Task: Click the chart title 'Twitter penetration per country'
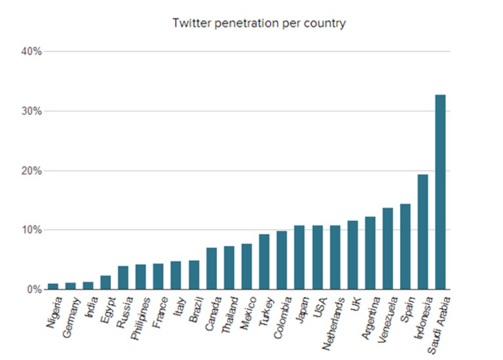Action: (259, 24)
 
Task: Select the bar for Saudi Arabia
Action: (440, 192)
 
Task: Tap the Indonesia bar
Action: (422, 232)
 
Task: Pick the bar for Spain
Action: (405, 247)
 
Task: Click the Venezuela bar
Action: (388, 249)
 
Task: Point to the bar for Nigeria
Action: (53, 287)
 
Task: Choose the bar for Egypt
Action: (106, 283)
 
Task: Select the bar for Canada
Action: (211, 269)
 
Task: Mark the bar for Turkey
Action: (264, 262)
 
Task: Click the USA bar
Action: (317, 258)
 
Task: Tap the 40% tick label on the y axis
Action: (31, 51)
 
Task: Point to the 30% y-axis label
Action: (31, 111)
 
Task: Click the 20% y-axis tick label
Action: (31, 170)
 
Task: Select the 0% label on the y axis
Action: (34, 289)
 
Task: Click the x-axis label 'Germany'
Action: (71, 317)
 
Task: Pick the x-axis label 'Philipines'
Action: (140, 318)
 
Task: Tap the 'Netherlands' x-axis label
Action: (333, 323)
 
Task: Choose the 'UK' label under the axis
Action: (355, 304)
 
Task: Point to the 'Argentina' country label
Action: (371, 317)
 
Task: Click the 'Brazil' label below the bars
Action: (196, 310)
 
